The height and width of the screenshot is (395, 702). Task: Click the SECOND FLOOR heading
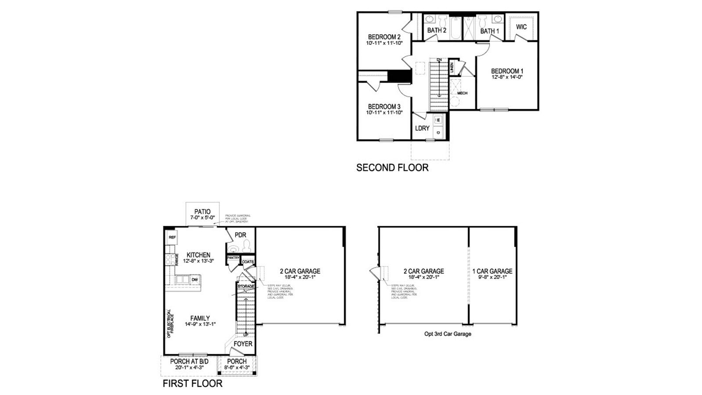(392, 168)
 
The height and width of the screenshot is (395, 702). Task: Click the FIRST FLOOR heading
(192, 384)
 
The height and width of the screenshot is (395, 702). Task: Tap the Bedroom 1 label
(507, 71)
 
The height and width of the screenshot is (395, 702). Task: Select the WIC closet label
(521, 27)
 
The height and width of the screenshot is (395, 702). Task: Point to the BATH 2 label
(437, 30)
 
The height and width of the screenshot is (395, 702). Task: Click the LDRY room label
(422, 128)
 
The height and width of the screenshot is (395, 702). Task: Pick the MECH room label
(462, 93)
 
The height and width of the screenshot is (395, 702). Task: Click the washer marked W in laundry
(438, 120)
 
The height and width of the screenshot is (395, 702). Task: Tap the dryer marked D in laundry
(438, 132)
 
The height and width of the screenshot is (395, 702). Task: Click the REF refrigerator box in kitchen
(172, 237)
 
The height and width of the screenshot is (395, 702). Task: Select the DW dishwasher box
(194, 280)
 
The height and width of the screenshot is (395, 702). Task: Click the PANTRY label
(233, 258)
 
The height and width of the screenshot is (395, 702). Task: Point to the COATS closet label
(248, 262)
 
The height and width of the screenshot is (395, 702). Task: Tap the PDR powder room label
(240, 235)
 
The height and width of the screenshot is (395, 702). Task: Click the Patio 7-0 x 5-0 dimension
(202, 218)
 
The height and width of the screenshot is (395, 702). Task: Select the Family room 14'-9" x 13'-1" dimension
(200, 324)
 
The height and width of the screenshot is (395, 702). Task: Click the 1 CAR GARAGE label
(492, 271)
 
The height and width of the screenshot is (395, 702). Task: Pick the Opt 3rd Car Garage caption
(448, 334)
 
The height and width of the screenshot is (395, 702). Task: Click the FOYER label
(243, 344)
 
